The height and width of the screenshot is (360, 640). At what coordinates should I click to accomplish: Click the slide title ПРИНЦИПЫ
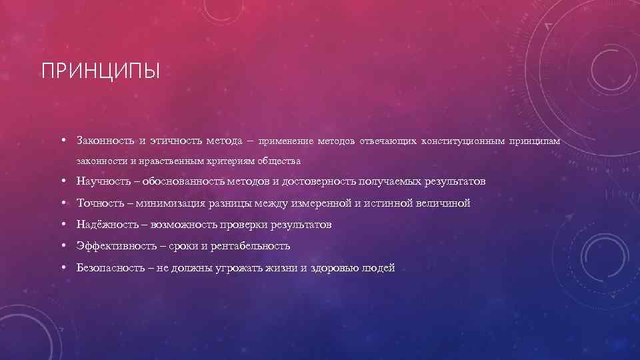pos(101,71)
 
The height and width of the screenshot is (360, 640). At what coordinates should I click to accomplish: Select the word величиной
pos(443,203)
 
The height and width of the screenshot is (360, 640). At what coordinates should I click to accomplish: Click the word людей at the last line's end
pos(379,268)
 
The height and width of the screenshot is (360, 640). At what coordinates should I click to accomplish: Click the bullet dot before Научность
pos(61,181)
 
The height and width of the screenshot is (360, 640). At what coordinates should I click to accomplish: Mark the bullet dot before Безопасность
pos(61,268)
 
